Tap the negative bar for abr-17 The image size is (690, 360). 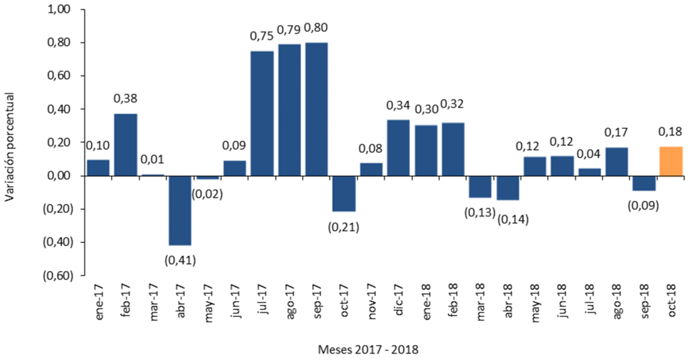[x=180, y=210]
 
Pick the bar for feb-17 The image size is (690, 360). [x=125, y=145]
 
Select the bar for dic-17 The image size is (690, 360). [x=398, y=148]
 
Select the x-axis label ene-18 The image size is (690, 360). [x=426, y=301]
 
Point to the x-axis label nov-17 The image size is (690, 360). [x=371, y=301]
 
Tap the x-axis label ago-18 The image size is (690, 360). [x=617, y=301]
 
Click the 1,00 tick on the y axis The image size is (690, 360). [x=59, y=10]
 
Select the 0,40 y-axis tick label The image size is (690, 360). [x=59, y=109]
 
